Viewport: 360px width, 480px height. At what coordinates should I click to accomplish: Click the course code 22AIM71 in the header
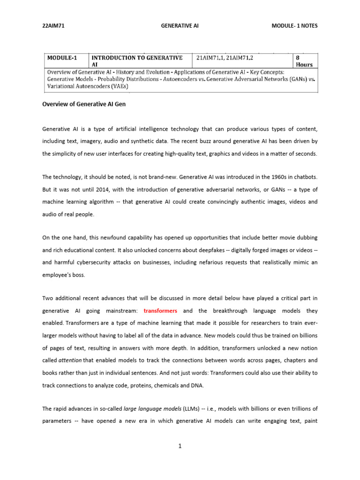pyautogui.click(x=52, y=26)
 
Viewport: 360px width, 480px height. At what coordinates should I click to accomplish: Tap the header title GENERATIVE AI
pyautogui.click(x=180, y=26)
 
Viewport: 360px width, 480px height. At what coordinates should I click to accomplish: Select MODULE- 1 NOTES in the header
pyautogui.click(x=294, y=26)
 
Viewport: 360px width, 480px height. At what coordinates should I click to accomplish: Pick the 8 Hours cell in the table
pyautogui.click(x=304, y=61)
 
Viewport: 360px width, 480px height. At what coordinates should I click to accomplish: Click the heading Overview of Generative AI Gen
pyautogui.click(x=84, y=104)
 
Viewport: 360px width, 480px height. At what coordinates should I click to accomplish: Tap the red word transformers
pyautogui.click(x=160, y=311)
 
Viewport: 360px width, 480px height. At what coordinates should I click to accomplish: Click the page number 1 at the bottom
pyautogui.click(x=180, y=446)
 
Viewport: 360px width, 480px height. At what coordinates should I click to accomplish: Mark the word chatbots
pyautogui.click(x=305, y=177)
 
